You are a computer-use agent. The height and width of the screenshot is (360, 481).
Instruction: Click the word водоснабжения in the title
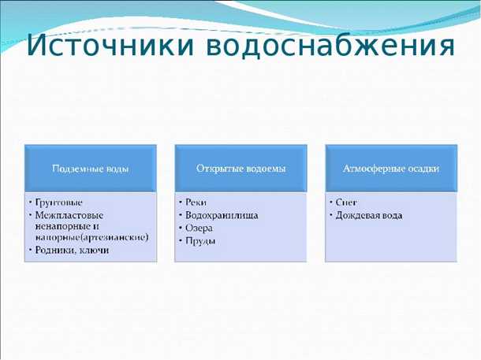(x=330, y=46)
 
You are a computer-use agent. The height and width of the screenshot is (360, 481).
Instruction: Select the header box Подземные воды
(x=90, y=168)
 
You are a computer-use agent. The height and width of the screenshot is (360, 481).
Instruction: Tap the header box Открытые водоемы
(x=240, y=168)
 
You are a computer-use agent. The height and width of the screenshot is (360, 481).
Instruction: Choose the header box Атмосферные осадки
(x=391, y=168)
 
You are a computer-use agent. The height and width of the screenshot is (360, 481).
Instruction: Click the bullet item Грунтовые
(x=59, y=202)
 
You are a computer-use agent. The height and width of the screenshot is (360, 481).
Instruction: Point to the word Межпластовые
(x=69, y=214)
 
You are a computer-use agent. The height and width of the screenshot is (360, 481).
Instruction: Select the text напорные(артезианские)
(x=91, y=237)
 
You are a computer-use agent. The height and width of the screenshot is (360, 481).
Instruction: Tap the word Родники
(x=56, y=250)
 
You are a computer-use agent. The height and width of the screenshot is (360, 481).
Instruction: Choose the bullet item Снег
(x=346, y=202)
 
